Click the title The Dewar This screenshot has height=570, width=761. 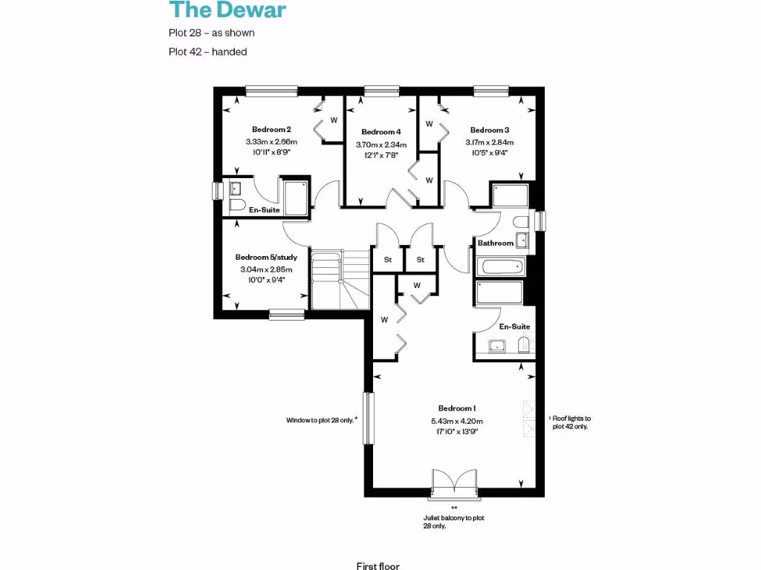[227, 10]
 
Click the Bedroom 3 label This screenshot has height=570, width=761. [490, 129]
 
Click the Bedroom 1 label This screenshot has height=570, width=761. [456, 408]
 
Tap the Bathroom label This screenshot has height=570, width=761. [495, 243]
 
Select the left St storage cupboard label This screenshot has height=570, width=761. [387, 260]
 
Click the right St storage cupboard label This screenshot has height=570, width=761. [420, 260]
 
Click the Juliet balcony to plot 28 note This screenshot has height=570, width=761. [453, 522]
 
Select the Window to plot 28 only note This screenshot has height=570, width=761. [322, 420]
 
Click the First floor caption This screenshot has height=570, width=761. [378, 566]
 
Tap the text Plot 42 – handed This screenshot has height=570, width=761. [207, 52]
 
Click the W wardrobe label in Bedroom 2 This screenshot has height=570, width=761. [334, 119]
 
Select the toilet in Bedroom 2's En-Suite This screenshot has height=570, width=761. [237, 205]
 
